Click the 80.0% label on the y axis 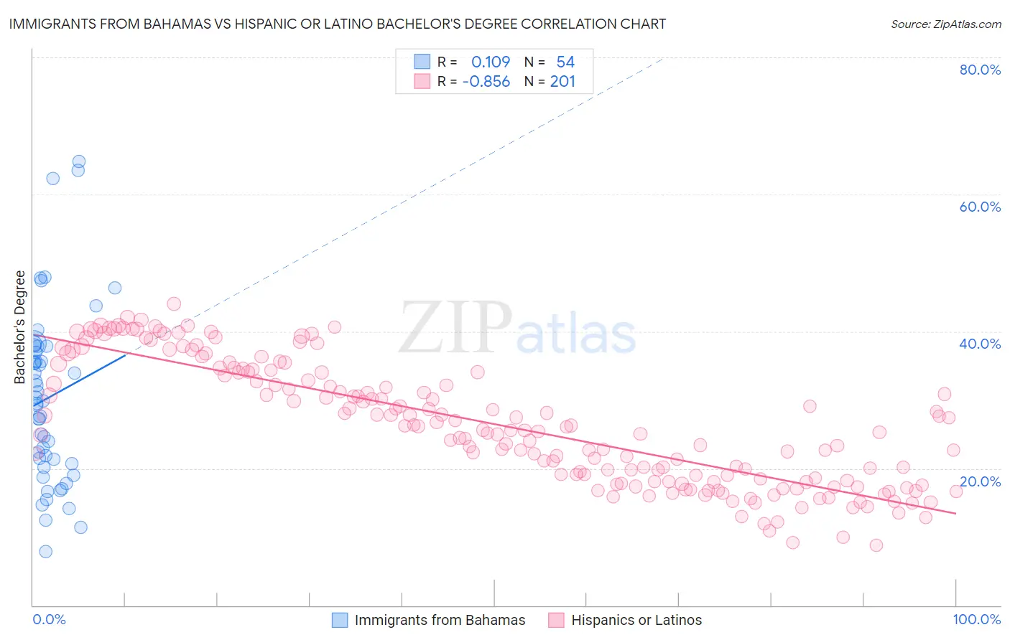click(x=980, y=70)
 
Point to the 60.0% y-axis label click(x=980, y=207)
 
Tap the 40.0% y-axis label click(x=980, y=344)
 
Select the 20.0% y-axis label click(x=980, y=481)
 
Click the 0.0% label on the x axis click(x=49, y=619)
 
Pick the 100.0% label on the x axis click(x=976, y=619)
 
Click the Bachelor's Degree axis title click(x=19, y=327)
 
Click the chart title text click(x=338, y=24)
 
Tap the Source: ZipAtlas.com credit click(x=945, y=24)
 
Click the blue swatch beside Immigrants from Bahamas click(x=340, y=620)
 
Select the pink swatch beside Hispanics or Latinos click(x=556, y=620)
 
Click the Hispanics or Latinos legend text click(x=636, y=620)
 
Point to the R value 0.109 click(x=491, y=62)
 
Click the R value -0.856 click(x=486, y=82)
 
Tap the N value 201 click(x=562, y=82)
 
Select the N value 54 click(x=565, y=62)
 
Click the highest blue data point click(x=79, y=162)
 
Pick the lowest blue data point click(x=45, y=551)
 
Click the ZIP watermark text click(x=455, y=329)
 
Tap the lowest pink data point click(x=876, y=545)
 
